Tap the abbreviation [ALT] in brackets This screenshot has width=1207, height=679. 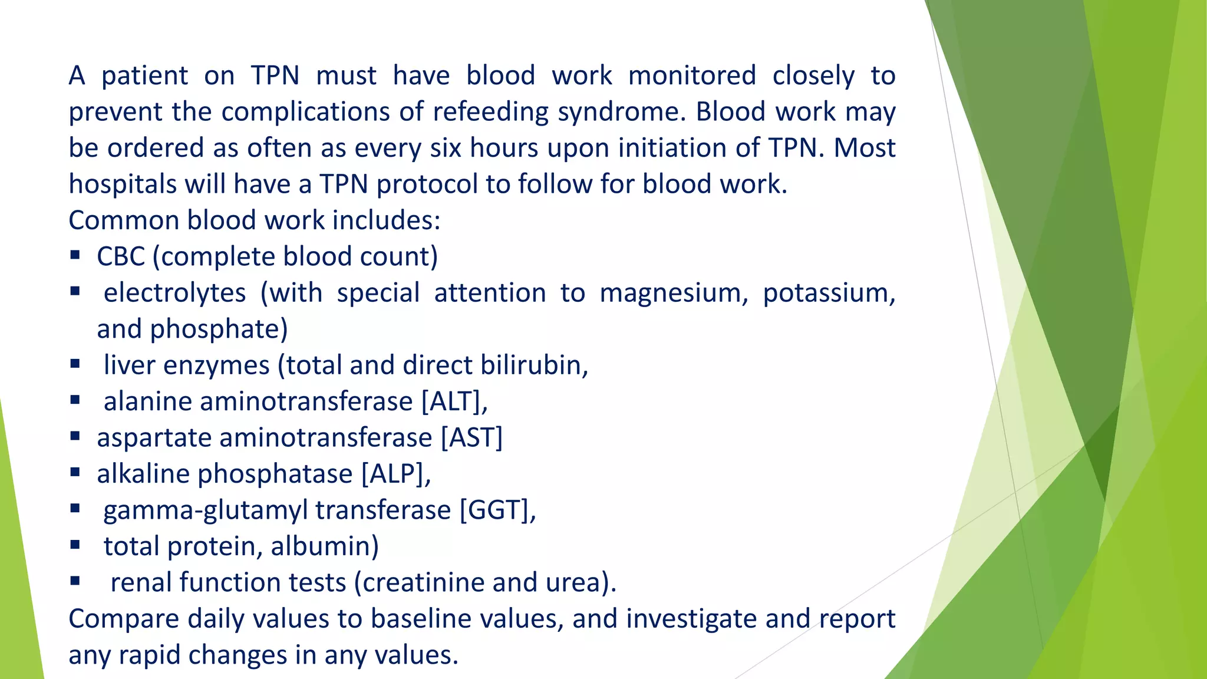tap(454, 401)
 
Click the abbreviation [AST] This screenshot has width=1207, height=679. tap(471, 438)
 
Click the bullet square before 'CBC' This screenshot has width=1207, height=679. tap(75, 255)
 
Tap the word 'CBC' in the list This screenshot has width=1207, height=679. tap(121, 256)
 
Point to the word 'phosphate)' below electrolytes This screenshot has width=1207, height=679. tap(219, 329)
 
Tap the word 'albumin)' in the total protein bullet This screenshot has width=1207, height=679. tap(324, 546)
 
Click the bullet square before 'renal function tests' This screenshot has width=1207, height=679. tap(75, 581)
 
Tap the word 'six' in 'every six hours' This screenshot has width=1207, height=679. tap(445, 148)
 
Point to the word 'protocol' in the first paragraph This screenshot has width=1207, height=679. tap(427, 184)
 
